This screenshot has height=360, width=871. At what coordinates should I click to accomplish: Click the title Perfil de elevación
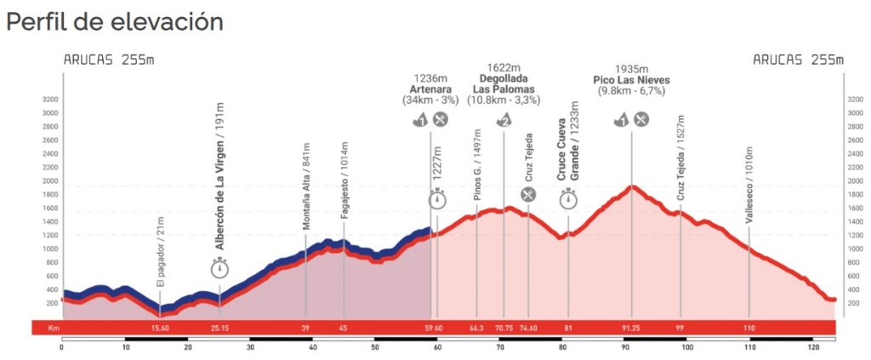(115, 22)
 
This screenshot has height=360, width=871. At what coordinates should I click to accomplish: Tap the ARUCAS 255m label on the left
(109, 60)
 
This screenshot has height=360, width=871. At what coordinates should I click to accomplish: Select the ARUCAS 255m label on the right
(798, 60)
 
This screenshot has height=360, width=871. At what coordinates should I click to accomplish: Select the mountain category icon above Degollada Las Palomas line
(504, 120)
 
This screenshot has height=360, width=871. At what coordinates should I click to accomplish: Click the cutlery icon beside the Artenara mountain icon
(441, 120)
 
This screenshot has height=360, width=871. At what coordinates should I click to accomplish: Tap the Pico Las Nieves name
(631, 80)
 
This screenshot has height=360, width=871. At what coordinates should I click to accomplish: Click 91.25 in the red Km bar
(630, 328)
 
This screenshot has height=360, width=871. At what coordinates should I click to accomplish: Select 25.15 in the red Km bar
(220, 328)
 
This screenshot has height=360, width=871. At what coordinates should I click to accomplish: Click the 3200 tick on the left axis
(49, 99)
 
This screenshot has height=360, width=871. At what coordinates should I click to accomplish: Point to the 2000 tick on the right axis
(856, 180)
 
